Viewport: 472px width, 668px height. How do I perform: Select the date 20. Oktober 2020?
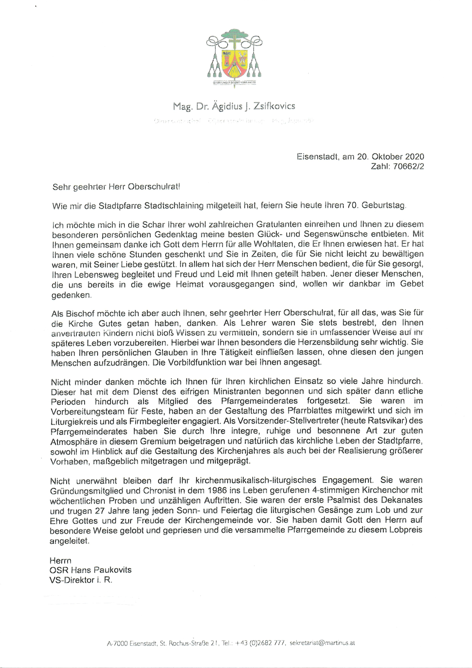point(391,157)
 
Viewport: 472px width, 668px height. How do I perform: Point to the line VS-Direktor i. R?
point(81,580)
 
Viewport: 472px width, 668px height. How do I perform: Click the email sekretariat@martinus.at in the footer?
point(322,643)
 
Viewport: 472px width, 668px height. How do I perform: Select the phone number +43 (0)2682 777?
point(260,643)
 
